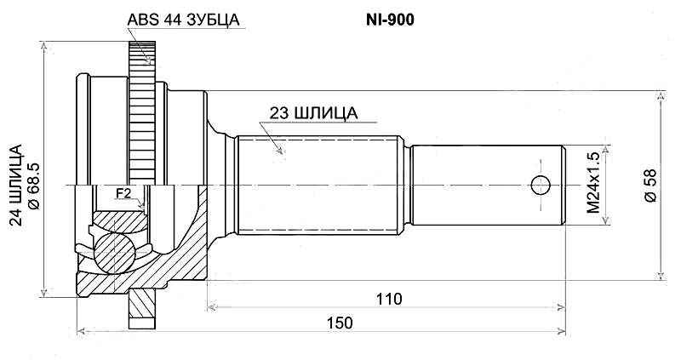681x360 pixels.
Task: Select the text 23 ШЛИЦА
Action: (312, 112)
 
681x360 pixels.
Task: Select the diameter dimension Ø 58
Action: (650, 185)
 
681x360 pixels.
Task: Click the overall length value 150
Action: (339, 323)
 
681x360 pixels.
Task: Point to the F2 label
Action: (123, 194)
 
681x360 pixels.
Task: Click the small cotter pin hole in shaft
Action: (540, 185)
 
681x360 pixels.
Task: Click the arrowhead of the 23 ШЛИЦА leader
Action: (278, 152)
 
